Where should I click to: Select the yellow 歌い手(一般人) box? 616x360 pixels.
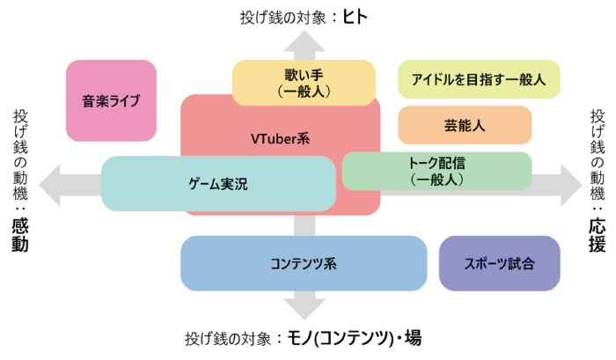point(303,83)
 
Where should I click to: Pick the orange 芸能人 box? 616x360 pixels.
point(465,125)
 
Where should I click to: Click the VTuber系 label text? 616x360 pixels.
point(280,138)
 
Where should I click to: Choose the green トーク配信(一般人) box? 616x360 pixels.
point(436,171)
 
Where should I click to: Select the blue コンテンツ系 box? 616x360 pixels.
point(304,263)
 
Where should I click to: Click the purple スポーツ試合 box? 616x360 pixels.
point(499,263)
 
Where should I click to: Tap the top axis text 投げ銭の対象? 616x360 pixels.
point(276,16)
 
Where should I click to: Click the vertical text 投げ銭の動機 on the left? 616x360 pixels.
point(19,153)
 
